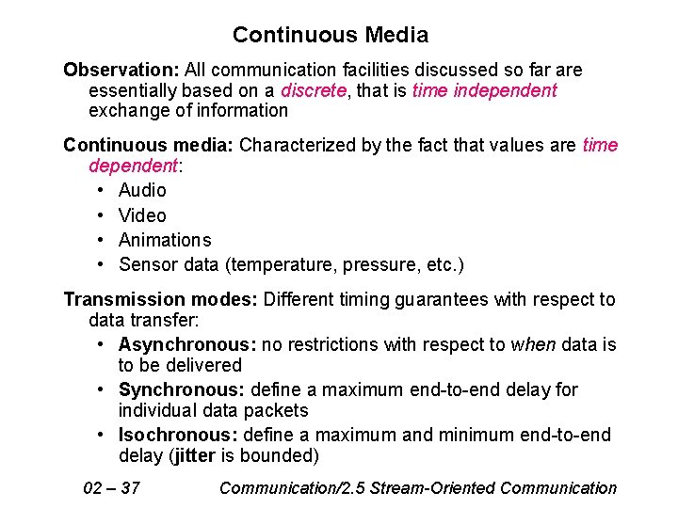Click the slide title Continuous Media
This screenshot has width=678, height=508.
click(331, 36)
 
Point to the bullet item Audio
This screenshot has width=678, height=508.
click(142, 191)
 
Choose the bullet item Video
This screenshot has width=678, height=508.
click(142, 215)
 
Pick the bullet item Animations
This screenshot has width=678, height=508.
click(165, 240)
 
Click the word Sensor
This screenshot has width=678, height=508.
click(148, 264)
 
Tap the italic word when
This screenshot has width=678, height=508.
click(533, 344)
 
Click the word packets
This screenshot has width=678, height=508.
click(277, 411)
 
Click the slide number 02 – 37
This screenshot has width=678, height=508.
click(112, 487)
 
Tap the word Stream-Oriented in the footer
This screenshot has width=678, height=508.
click(434, 487)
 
